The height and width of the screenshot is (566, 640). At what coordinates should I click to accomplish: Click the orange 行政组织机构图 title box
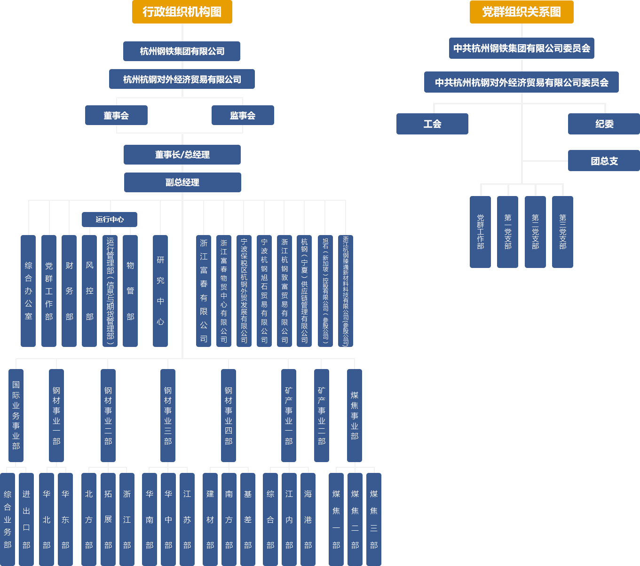(x=182, y=12)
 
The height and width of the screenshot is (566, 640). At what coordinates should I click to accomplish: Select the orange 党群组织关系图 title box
(x=521, y=12)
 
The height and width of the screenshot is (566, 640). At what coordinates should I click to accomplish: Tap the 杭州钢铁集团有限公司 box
(x=182, y=51)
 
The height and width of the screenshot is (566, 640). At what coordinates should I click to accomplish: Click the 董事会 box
(x=116, y=116)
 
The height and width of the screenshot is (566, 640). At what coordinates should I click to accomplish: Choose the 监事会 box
(x=243, y=116)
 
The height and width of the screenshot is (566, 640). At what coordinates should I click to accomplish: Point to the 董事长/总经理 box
(x=182, y=155)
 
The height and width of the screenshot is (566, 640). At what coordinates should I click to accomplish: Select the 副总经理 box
(x=183, y=182)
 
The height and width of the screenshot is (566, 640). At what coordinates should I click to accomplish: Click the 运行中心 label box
(x=110, y=219)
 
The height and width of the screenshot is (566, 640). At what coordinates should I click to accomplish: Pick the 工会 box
(x=432, y=124)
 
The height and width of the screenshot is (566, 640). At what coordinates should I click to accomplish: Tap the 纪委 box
(x=604, y=124)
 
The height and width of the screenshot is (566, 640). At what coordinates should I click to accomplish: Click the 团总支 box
(x=604, y=161)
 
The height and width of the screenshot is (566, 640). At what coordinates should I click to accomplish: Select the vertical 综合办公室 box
(x=28, y=291)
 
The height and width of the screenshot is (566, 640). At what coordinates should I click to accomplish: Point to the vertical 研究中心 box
(x=160, y=291)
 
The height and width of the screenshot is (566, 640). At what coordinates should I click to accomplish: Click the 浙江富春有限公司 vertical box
(x=204, y=291)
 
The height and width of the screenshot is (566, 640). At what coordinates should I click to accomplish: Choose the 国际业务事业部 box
(x=16, y=416)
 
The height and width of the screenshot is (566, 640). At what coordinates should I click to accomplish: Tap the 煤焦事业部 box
(x=355, y=416)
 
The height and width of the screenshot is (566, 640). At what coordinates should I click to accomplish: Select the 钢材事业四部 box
(x=229, y=416)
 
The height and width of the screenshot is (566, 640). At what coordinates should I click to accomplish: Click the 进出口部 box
(x=26, y=519)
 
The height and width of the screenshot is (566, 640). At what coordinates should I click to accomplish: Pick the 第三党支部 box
(x=562, y=232)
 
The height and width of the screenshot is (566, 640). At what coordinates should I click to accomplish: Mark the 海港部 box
(x=308, y=519)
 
